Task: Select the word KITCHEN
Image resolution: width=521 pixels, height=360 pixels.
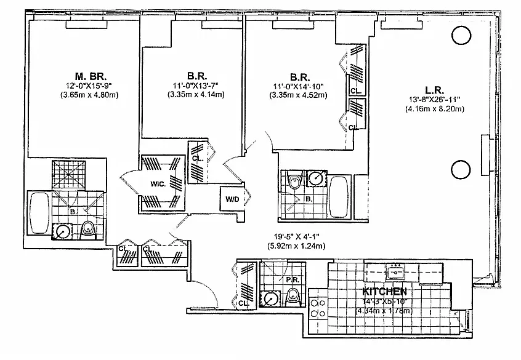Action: point(384,291)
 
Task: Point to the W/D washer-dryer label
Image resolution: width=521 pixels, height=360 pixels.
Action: point(232,199)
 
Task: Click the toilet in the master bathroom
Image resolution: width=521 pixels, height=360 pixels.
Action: point(87,230)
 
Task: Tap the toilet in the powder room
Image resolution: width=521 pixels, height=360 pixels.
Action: point(294,298)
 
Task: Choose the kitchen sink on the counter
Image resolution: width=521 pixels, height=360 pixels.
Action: point(394,271)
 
